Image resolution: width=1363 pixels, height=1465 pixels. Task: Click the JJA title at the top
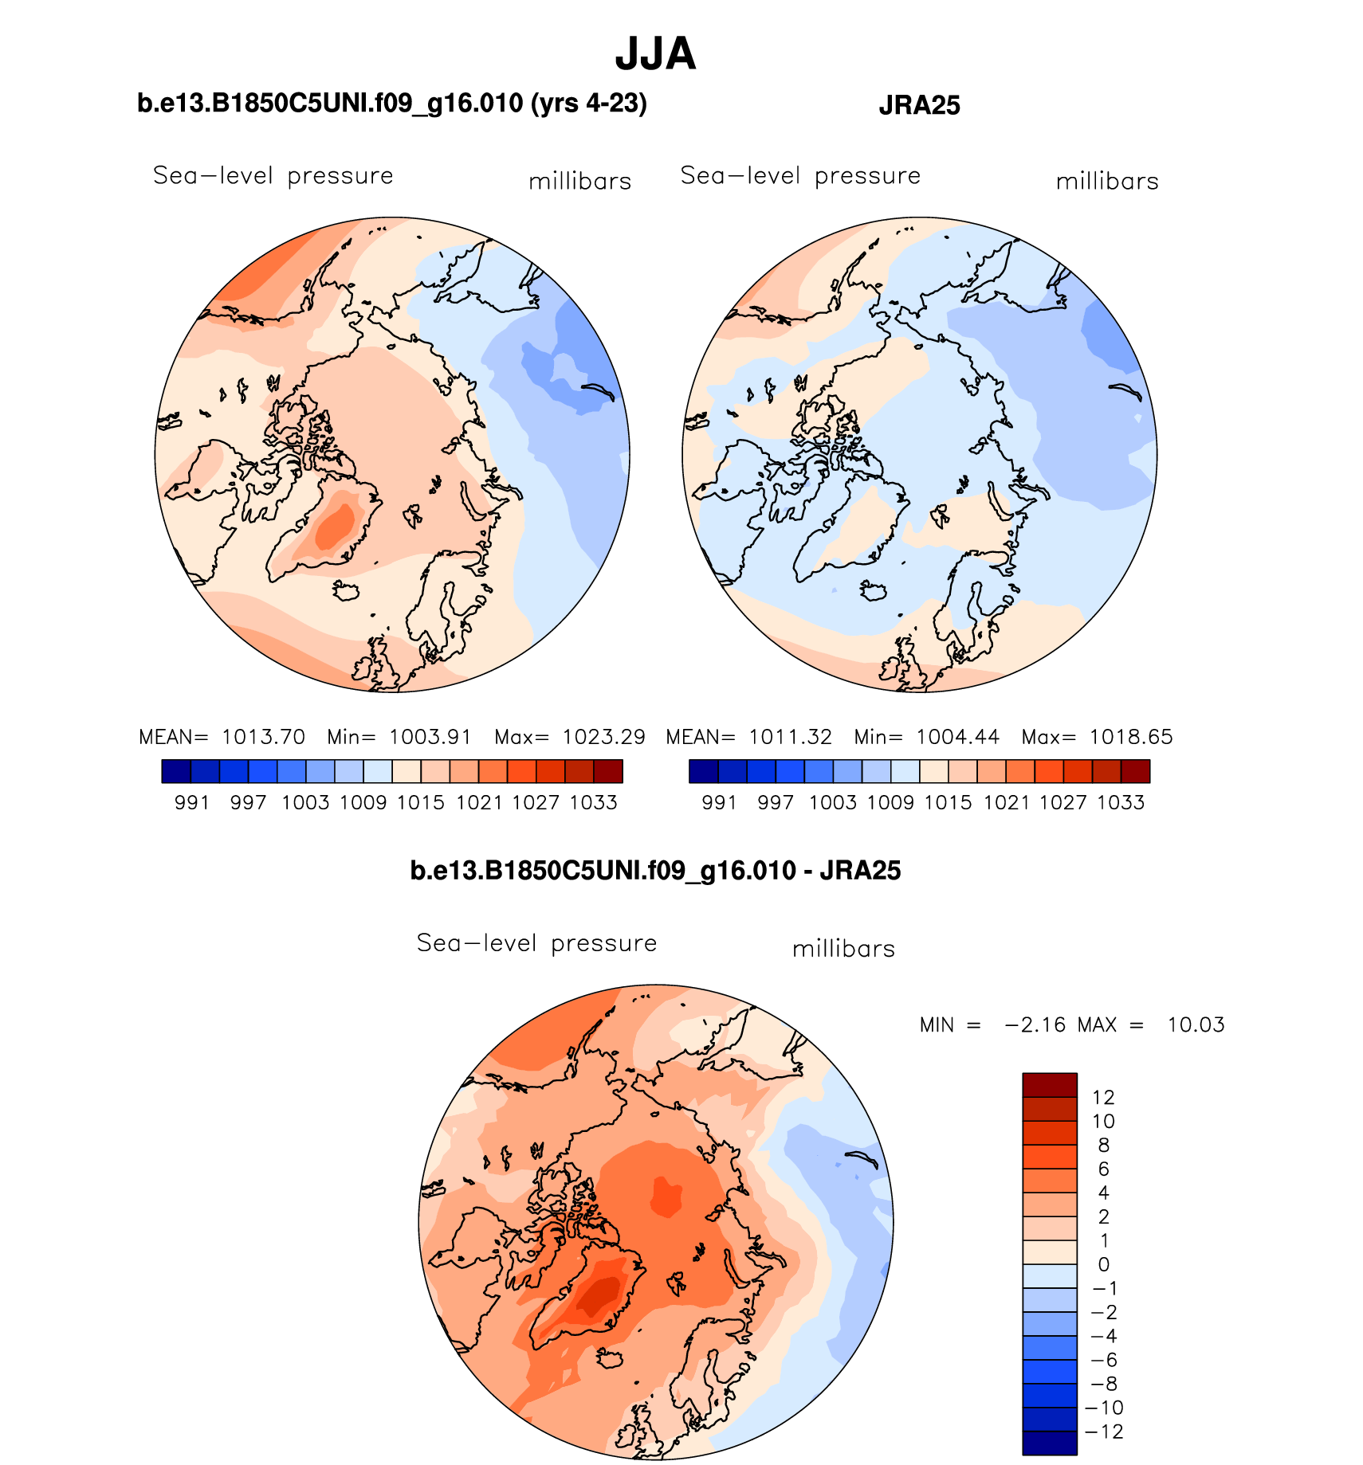[655, 54]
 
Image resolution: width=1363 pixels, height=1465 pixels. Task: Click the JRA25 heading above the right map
[919, 105]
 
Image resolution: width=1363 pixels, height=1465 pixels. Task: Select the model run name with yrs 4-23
[392, 104]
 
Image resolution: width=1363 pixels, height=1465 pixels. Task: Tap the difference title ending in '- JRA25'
[655, 871]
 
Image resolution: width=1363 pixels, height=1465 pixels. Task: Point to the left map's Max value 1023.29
[603, 737]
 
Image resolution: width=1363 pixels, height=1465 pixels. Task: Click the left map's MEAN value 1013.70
[263, 737]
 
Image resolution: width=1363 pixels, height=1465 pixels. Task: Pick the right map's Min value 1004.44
[957, 737]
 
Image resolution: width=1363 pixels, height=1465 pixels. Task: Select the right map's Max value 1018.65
[1131, 737]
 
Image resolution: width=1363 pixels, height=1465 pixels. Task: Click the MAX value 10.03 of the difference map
[1196, 1024]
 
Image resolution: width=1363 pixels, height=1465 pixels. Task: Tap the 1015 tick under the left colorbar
[420, 803]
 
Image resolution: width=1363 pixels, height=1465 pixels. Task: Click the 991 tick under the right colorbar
[719, 803]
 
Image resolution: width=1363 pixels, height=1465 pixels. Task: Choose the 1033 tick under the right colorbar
[1121, 803]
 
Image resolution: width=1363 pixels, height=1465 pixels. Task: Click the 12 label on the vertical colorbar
[1103, 1098]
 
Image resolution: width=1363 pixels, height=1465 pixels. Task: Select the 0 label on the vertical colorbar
[1104, 1264]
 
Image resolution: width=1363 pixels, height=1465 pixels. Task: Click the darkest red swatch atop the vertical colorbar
[1050, 1085]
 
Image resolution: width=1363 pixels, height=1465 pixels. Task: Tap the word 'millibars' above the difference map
[843, 949]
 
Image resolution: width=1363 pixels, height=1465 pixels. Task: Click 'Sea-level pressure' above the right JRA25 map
[800, 176]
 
